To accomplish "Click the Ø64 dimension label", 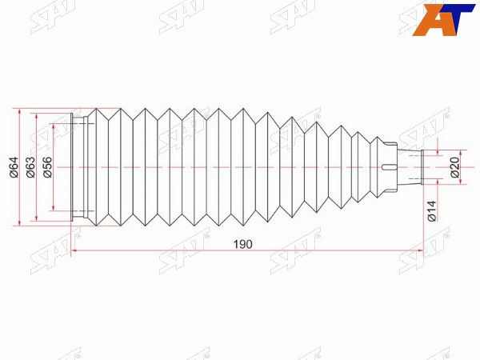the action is click(x=14, y=167).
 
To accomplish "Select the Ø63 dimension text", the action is click(x=30, y=167).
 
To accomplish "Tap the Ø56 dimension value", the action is click(x=47, y=167).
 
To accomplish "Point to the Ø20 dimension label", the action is click(x=455, y=167).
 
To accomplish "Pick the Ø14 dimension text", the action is click(x=432, y=211).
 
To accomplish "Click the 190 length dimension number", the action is click(x=243, y=244).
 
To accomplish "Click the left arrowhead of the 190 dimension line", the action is click(x=74, y=250).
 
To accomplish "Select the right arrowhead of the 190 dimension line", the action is click(x=421, y=250).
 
